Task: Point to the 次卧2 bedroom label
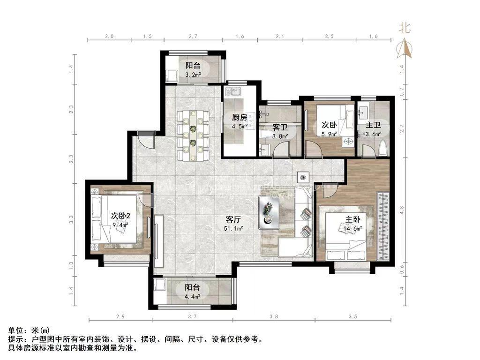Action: pyautogui.click(x=120, y=216)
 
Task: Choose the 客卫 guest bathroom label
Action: pyautogui.click(x=280, y=127)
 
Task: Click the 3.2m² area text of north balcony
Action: pyautogui.click(x=193, y=75)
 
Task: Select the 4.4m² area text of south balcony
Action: pyautogui.click(x=192, y=296)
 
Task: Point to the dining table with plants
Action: pyautogui.click(x=193, y=133)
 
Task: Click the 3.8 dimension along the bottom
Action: pyautogui.click(x=274, y=317)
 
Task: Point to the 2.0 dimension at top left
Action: pyautogui.click(x=109, y=36)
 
